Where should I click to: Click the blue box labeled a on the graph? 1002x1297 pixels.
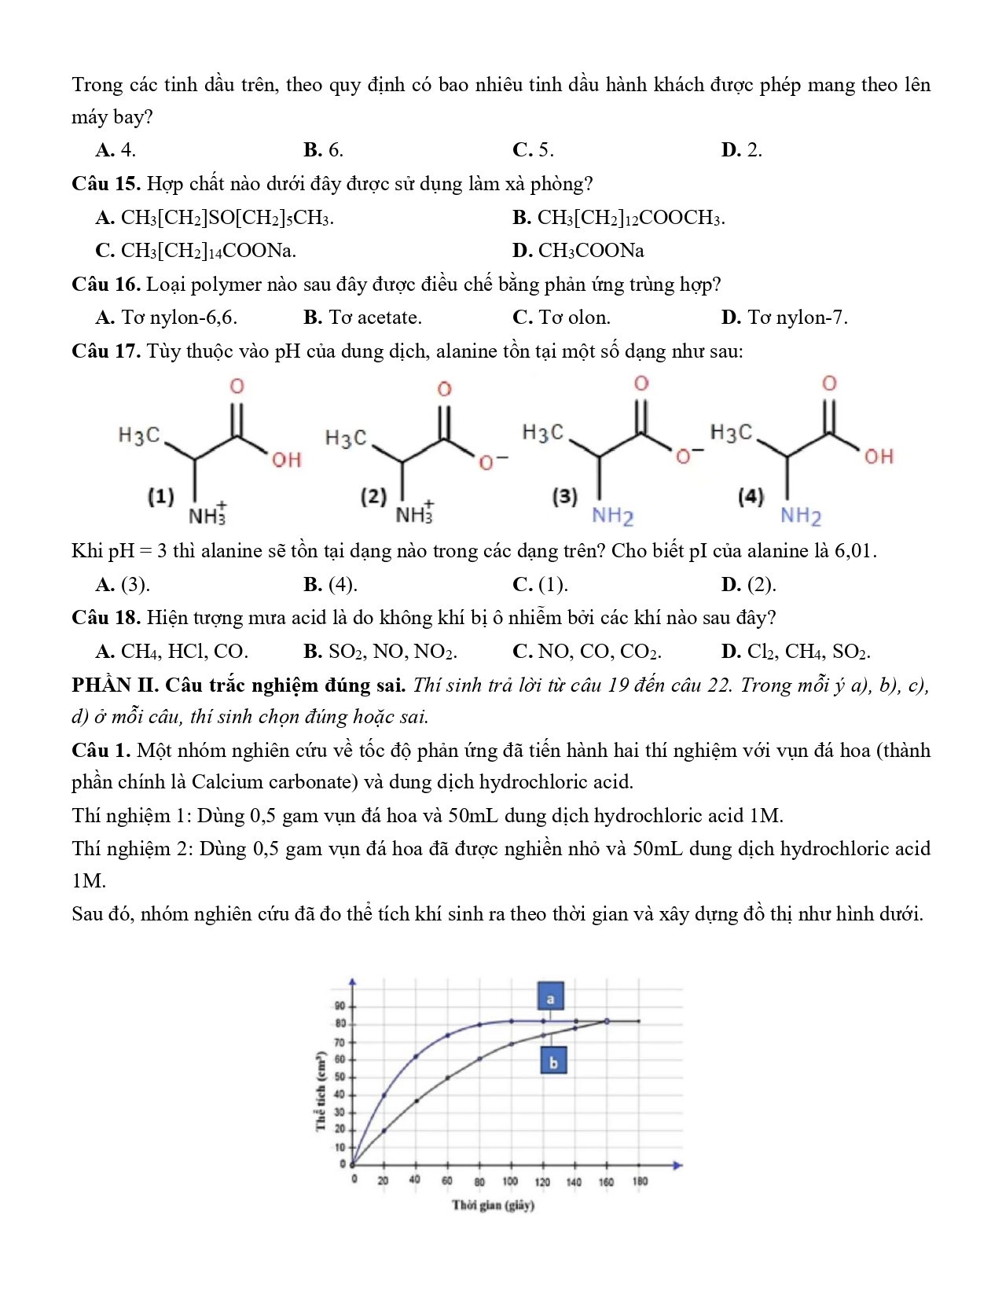tap(550, 998)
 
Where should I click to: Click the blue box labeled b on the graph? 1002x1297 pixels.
tap(553, 1062)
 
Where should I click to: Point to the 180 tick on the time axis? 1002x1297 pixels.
tap(640, 1181)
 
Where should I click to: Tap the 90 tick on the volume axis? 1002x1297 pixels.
tap(340, 1005)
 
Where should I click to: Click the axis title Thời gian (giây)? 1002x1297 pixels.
tap(493, 1205)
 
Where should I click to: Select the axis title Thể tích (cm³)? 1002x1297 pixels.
tap(320, 1091)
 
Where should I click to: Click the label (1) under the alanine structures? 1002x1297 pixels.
tap(161, 496)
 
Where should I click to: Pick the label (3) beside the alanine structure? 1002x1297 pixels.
tap(564, 496)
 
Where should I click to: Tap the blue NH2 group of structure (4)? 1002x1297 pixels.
tap(801, 516)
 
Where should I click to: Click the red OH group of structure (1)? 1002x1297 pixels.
tap(286, 460)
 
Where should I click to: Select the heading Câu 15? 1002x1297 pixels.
tap(105, 184)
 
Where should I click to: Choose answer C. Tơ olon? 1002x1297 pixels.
tap(561, 318)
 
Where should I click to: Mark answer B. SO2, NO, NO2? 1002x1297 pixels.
tap(380, 652)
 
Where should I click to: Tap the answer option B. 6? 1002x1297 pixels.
tap(323, 150)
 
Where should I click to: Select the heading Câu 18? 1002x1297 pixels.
tap(105, 618)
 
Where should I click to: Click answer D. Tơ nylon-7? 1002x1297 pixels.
tap(784, 318)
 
